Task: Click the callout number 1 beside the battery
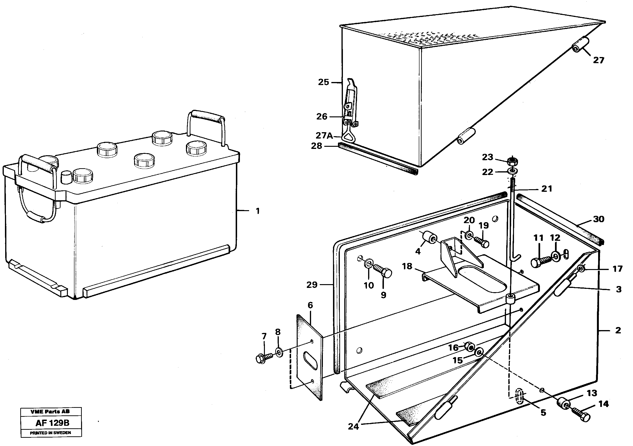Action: [258, 211]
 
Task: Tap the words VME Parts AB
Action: [50, 412]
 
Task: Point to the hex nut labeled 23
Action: [512, 160]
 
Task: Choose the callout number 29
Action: [312, 285]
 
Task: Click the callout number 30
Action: [599, 219]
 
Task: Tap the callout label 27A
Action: [324, 136]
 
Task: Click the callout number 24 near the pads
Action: [353, 427]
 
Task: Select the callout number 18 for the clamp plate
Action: [407, 266]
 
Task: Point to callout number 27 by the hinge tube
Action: [599, 60]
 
